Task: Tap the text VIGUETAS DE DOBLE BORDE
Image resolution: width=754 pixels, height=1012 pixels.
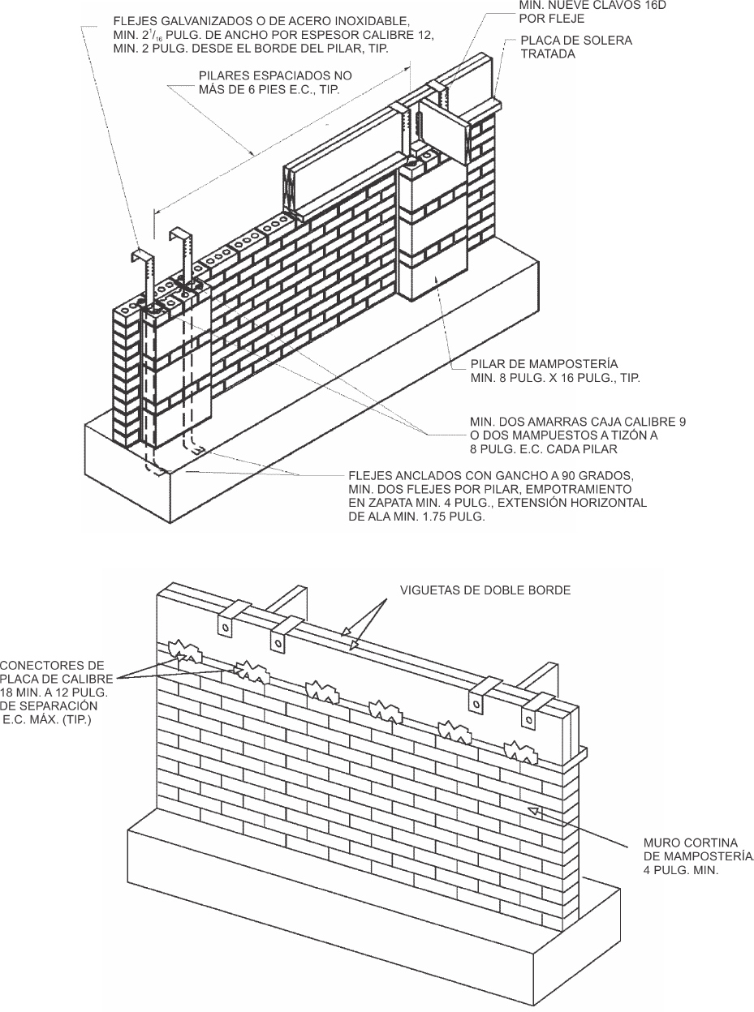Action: click(x=485, y=590)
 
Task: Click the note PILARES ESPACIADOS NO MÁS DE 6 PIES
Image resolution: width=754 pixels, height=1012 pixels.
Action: click(x=275, y=82)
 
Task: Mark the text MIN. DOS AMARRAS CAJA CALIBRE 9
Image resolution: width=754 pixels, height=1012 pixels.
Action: click(x=578, y=422)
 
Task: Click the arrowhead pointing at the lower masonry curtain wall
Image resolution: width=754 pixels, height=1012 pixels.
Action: click(x=533, y=809)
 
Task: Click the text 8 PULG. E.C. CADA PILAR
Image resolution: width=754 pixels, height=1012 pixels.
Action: click(x=544, y=449)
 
